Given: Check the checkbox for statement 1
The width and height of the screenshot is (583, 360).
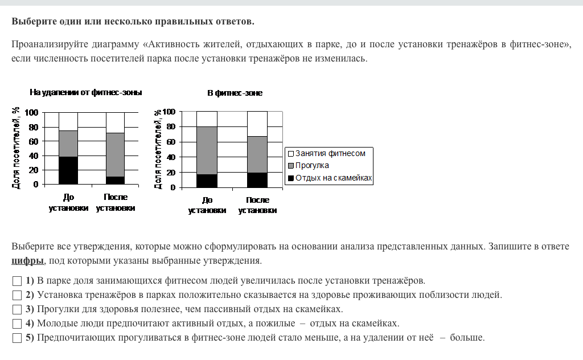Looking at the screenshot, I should point(17,281).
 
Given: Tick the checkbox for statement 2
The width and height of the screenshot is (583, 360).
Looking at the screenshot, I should point(17,295).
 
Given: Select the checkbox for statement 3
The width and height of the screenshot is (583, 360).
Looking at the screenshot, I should point(17,309).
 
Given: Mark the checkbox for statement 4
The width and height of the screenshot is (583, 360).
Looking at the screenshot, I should point(17,324).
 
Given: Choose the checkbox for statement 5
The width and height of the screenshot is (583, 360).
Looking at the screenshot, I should point(17,338).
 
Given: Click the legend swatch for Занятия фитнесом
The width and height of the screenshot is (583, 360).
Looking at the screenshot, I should point(290,154).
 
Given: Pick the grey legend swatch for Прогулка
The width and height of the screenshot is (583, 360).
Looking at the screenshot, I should point(290,166).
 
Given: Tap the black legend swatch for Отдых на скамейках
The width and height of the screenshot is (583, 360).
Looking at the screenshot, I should point(290,178).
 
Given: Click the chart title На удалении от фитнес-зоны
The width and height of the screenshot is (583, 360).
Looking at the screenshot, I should point(86,92).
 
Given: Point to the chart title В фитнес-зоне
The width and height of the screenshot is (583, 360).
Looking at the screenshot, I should point(235,93).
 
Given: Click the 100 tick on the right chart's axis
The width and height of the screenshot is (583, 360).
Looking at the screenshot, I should point(169,112).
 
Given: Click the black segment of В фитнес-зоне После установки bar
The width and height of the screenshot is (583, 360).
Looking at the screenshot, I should point(257,180).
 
